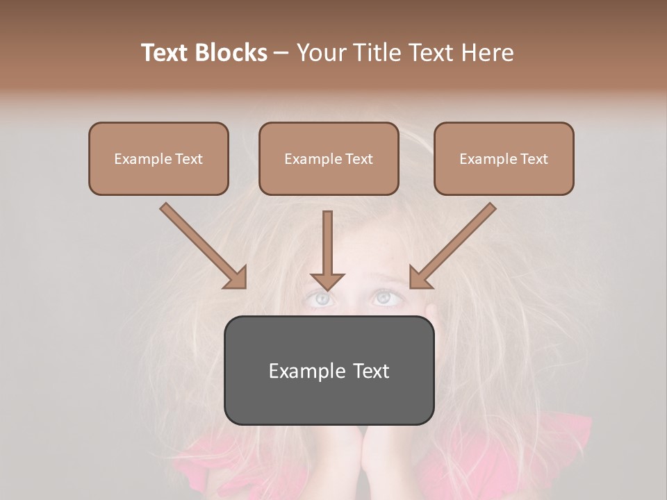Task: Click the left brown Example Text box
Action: click(158, 158)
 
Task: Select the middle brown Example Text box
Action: click(329, 158)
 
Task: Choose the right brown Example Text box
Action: click(504, 158)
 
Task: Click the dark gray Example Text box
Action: click(329, 370)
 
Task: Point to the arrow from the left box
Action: click(203, 246)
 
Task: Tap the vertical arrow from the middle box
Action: click(327, 250)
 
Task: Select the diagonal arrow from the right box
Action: click(453, 246)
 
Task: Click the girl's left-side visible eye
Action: click(321, 299)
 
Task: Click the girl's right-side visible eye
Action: click(382, 297)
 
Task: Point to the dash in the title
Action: click(281, 53)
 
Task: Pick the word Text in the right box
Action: click(534, 159)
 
